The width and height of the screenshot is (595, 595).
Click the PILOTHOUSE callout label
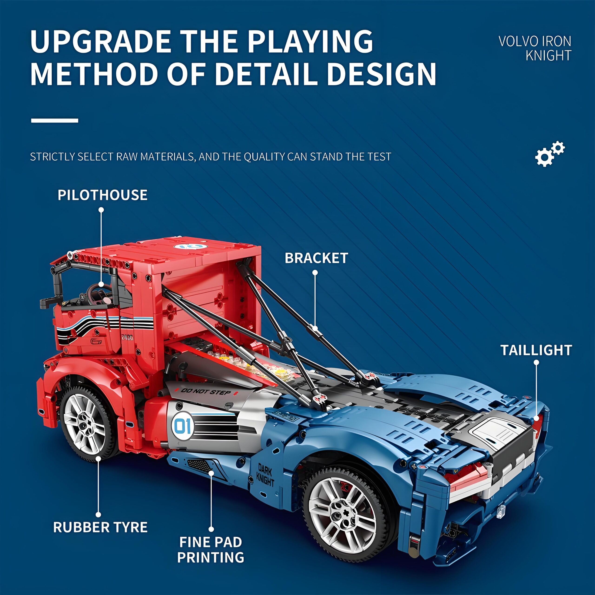(x=102, y=195)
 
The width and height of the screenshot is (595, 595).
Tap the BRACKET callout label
(x=316, y=258)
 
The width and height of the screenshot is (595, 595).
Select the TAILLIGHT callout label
(x=536, y=350)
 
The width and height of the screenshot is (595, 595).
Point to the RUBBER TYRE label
(x=100, y=527)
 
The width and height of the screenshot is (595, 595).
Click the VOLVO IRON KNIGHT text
(x=535, y=48)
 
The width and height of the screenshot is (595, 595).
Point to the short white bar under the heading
(x=55, y=120)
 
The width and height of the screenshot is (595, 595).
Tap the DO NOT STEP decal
(x=206, y=392)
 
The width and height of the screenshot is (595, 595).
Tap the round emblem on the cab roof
(x=188, y=246)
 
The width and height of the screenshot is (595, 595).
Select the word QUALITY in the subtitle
(x=265, y=157)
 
